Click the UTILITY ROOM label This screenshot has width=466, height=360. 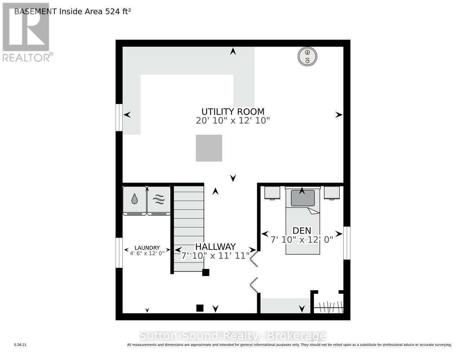(233, 112)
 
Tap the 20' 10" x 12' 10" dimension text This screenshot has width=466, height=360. (233, 121)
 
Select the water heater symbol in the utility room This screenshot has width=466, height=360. (308, 57)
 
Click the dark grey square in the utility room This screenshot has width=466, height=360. (209, 148)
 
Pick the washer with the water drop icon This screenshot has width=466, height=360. (134, 201)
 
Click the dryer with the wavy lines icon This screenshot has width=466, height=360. (159, 201)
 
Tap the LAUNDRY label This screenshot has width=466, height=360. (147, 248)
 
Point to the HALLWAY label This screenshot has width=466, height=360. (215, 247)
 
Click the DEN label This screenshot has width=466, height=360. (302, 230)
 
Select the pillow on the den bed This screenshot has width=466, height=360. (303, 198)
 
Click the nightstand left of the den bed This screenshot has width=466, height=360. (272, 193)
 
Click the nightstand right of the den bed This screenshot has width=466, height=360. (332, 193)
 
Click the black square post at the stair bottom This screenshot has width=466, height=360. (206, 273)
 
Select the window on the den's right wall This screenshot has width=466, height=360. (347, 243)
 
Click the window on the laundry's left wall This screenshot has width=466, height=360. (119, 253)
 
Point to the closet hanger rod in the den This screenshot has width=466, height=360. (328, 307)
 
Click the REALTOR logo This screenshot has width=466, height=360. (26, 32)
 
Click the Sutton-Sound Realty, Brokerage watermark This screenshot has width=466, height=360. (233, 336)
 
